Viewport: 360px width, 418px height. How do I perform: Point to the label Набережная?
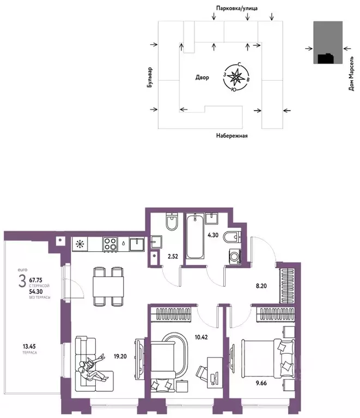pyautogui.click(x=231, y=136)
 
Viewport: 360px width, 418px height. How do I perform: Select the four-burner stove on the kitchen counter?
pyautogui.click(x=111, y=244)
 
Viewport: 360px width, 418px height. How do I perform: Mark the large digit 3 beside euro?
pyautogui.click(x=22, y=282)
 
